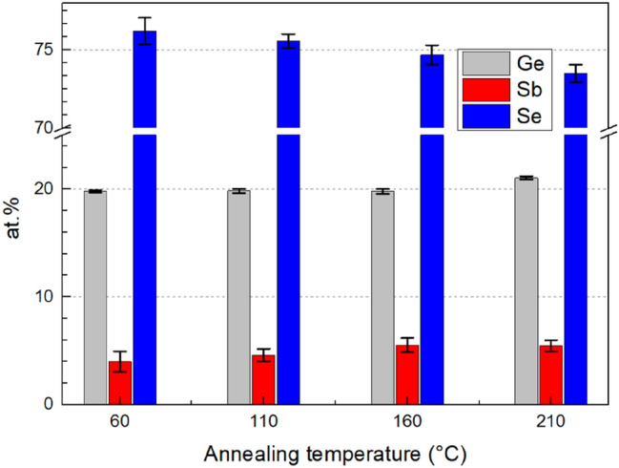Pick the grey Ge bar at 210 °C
pyautogui.click(x=526, y=290)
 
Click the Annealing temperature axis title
pyautogui.click(x=311, y=450)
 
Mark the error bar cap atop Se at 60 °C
pyautogui.click(x=144, y=17)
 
